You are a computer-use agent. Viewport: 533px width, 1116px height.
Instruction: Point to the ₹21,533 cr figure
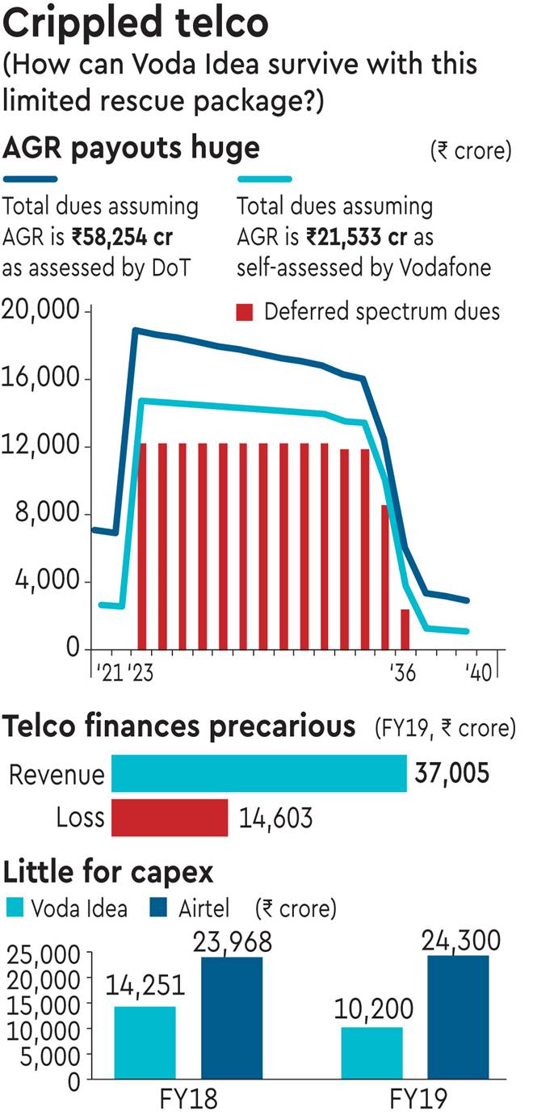[x=357, y=238]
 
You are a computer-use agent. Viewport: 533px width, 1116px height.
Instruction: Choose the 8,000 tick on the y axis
[x=48, y=514]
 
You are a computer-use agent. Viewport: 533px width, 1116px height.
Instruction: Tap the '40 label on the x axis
[x=476, y=673]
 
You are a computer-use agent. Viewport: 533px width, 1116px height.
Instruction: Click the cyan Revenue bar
[x=258, y=773]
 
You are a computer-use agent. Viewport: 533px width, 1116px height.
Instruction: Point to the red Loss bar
[x=170, y=818]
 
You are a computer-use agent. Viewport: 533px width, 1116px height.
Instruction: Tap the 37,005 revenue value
[x=451, y=773]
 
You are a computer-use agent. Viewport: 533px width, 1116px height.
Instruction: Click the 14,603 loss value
[x=275, y=819]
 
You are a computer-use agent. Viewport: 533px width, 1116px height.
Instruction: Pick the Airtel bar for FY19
[x=460, y=1017]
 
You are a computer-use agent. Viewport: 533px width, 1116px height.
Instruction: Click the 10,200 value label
[x=372, y=1009]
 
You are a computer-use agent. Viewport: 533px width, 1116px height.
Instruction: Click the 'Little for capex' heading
[x=109, y=873]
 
